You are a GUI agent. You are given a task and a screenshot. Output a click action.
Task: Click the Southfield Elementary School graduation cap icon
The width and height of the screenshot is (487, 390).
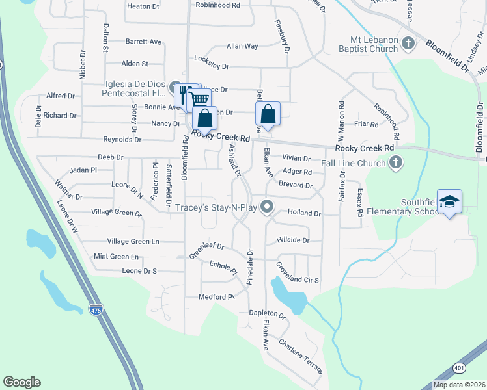(450, 202)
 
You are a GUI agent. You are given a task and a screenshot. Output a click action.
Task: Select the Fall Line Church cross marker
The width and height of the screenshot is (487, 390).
(395, 164)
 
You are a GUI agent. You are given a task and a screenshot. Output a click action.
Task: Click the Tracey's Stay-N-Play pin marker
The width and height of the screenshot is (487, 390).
(266, 207)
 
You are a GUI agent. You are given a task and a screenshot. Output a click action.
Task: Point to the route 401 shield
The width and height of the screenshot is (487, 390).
(460, 368)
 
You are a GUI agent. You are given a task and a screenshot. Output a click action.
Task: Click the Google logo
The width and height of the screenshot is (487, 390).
(21, 382)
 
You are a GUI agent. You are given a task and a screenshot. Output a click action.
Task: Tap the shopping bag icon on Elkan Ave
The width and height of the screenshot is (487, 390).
(268, 114)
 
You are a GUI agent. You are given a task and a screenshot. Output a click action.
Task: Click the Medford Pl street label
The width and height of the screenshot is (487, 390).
(216, 297)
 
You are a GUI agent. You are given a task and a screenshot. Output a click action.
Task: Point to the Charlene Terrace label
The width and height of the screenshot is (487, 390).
(300, 357)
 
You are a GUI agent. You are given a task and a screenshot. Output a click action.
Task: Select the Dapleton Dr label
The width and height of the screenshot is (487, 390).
(268, 313)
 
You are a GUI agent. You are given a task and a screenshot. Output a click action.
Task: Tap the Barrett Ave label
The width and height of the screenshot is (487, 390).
(143, 42)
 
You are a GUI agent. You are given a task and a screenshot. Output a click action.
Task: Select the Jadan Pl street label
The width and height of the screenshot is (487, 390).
(83, 170)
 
